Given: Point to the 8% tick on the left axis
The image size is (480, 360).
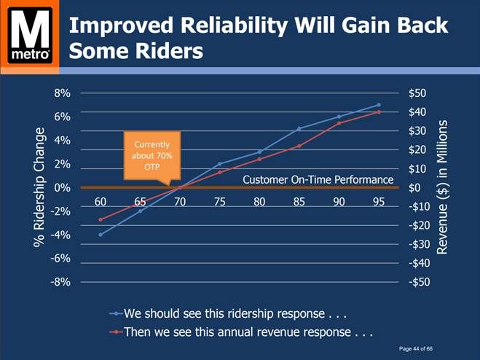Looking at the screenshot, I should click(61, 93).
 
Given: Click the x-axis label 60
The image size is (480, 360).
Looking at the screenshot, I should click(101, 202).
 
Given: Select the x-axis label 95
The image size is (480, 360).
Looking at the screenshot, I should click(378, 202).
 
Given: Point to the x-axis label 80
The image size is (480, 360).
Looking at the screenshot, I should click(259, 202).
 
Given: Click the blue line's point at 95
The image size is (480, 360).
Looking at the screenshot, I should click(378, 105).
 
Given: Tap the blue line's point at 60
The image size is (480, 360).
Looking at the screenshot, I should click(101, 235).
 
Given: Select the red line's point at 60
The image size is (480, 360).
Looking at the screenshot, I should click(101, 219).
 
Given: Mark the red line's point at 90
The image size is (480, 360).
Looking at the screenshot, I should click(339, 123).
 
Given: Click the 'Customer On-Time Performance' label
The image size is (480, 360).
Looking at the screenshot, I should click(318, 179).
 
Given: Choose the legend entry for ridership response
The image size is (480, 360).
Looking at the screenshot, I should click(233, 314).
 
